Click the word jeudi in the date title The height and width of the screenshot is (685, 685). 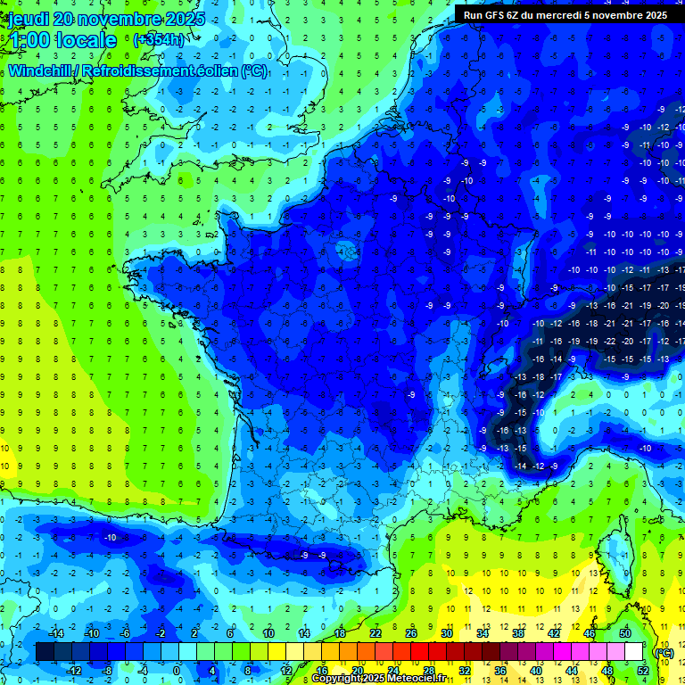pos(28,19)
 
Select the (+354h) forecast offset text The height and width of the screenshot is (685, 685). pos(159,39)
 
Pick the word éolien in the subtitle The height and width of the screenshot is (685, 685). pos(218,70)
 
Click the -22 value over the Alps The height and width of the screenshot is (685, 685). pos(610,341)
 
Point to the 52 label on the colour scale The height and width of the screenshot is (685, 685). pos(643,671)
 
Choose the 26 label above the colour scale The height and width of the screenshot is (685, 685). pos(411,633)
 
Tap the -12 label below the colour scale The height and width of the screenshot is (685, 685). pos(74,671)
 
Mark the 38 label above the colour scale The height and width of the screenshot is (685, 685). pos(518,633)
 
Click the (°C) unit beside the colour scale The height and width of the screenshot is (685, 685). pos(664,652)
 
